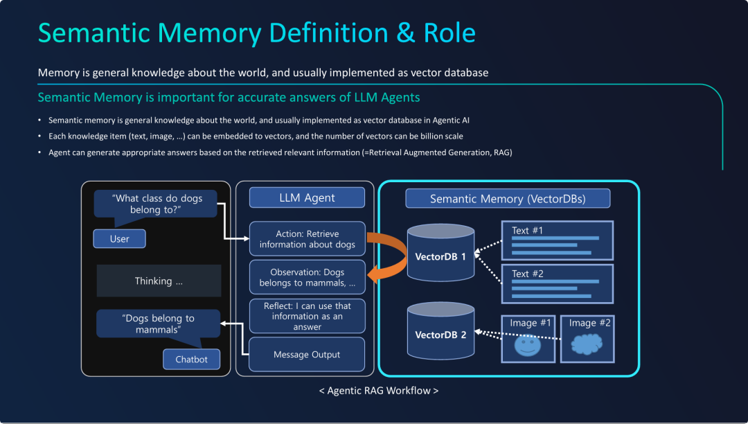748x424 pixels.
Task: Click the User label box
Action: click(x=119, y=238)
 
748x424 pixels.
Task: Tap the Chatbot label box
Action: click(x=191, y=359)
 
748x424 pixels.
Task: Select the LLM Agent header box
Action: click(x=308, y=197)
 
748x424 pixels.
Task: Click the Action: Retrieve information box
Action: click(x=308, y=239)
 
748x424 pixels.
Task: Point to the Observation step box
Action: click(x=308, y=277)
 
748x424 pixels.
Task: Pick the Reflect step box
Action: click(x=308, y=316)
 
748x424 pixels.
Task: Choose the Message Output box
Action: click(x=307, y=354)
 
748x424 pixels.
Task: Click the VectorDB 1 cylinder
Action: click(x=440, y=253)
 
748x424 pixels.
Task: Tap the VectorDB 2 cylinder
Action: click(x=440, y=330)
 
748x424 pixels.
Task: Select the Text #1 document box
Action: click(x=557, y=240)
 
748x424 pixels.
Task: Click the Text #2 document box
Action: click(x=557, y=284)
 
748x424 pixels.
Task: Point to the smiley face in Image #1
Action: click(x=528, y=345)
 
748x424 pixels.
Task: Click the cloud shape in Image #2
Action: click(x=587, y=344)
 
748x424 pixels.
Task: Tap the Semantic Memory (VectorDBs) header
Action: click(x=508, y=198)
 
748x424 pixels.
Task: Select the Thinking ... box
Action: click(x=159, y=281)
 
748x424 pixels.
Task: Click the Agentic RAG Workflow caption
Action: click(x=379, y=391)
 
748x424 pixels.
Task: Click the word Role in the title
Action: click(x=449, y=33)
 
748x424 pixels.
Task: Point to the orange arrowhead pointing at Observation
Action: click(x=373, y=274)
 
